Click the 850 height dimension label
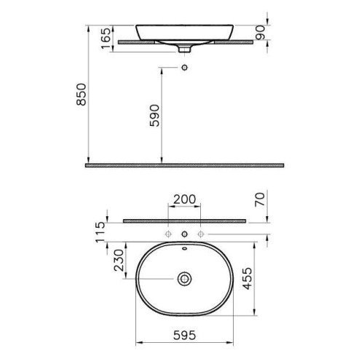tap(82, 95)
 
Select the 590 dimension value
tap(154, 116)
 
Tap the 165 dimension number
tap(106, 38)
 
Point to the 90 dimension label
tap(261, 33)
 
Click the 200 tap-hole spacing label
tap(185, 199)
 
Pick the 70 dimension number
tap(260, 199)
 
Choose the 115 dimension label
tap(100, 232)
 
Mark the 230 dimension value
tap(119, 261)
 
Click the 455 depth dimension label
tap(248, 279)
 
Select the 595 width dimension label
tap(184, 336)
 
